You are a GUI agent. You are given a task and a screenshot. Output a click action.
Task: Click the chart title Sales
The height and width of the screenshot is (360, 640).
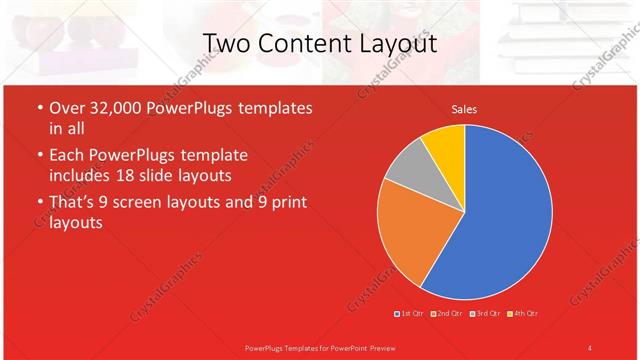464,108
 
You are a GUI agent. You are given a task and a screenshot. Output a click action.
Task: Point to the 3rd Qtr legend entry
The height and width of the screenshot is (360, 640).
484,314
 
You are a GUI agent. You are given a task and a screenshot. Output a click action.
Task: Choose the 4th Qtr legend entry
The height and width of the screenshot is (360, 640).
522,314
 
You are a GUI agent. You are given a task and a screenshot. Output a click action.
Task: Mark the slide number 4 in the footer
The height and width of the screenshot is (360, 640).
589,347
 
